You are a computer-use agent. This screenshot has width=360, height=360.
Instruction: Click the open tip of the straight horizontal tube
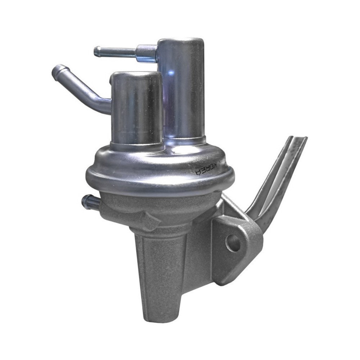pos(96,51)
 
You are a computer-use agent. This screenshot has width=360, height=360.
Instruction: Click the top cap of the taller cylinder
pos(181,42)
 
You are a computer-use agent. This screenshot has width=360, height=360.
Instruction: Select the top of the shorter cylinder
pos(136,75)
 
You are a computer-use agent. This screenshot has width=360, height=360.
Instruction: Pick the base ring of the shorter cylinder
pos(137,146)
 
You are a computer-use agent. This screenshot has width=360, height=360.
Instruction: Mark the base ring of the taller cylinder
pos(185,140)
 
